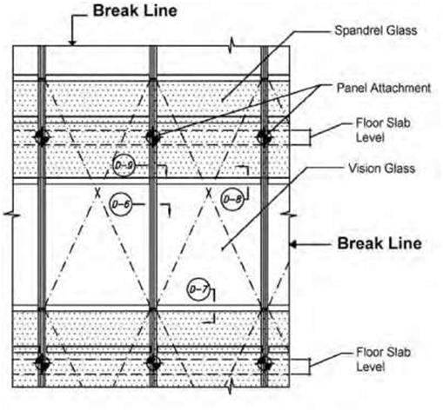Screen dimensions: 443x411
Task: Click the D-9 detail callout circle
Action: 124,166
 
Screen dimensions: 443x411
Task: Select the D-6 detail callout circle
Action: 121,204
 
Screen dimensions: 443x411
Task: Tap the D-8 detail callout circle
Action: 232,199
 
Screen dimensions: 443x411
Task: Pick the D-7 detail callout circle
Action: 198,289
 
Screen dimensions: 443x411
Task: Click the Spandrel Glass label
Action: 376,30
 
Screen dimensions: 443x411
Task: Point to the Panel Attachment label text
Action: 384,88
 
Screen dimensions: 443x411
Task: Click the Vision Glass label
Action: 381,169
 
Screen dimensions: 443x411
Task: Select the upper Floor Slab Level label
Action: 383,130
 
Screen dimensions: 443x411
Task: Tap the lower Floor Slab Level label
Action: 383,360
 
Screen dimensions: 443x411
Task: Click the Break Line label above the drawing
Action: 135,10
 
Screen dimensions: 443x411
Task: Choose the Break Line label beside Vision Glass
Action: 379,243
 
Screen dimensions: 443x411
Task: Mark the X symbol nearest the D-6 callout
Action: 97,193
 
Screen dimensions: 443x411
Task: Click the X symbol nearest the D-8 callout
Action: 208,193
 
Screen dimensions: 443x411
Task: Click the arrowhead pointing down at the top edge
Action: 72,43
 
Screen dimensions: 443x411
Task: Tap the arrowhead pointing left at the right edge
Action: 293,245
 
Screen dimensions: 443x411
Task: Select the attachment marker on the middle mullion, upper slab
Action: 153,137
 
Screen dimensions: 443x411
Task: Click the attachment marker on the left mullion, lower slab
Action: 42,362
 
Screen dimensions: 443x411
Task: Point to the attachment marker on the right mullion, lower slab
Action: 265,362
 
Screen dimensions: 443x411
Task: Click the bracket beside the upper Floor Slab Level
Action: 309,137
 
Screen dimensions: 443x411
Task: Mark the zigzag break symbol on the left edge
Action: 11,215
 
